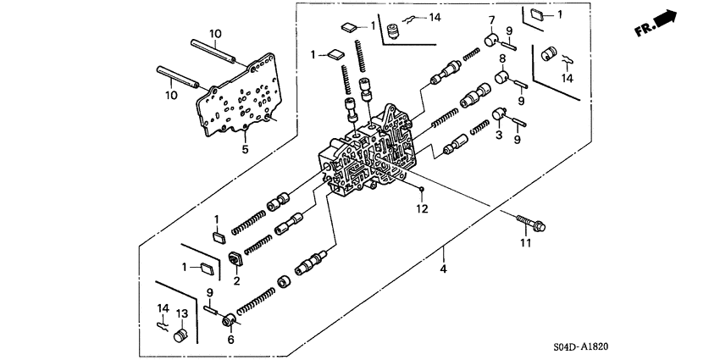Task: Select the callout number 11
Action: point(524,244)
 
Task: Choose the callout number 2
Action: point(237,280)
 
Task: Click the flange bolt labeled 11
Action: point(532,223)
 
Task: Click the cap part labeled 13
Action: point(179,337)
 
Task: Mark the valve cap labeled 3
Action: point(499,114)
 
